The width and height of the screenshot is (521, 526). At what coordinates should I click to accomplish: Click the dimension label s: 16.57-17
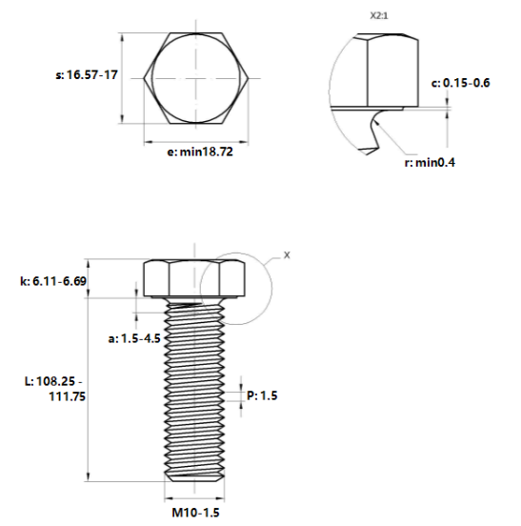[x=87, y=74]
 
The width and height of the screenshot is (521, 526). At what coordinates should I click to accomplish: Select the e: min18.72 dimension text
[x=200, y=152]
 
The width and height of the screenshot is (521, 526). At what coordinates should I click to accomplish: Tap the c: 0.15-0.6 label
[x=460, y=83]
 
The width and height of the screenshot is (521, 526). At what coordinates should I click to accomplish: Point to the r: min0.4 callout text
[x=430, y=163]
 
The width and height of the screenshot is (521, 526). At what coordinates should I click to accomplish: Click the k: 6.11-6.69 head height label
[x=53, y=281]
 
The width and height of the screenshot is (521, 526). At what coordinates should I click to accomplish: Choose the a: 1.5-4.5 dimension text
[x=134, y=338]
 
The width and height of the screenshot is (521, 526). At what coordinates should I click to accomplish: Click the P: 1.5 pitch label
[x=262, y=395]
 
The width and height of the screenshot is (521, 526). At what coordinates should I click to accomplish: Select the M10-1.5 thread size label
[x=196, y=513]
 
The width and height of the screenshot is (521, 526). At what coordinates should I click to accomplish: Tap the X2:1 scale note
[x=379, y=16]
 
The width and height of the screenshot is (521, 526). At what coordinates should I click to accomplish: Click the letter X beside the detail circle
[x=287, y=255]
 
